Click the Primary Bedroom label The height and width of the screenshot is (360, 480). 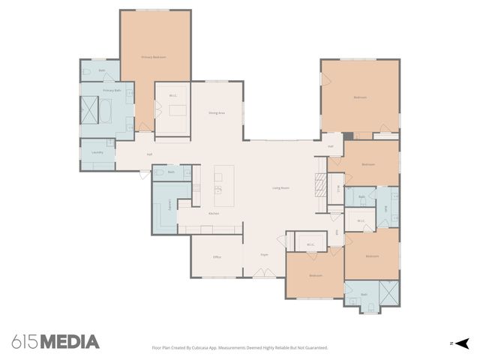154,57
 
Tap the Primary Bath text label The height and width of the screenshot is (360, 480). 112,90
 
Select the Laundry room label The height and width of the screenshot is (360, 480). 97,152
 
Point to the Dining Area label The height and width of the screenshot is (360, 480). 217,112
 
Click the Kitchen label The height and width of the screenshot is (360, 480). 214,214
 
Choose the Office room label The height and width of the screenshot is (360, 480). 217,257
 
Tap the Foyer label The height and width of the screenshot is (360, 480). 264,255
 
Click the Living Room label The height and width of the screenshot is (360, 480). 280,187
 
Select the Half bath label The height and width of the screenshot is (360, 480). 331,146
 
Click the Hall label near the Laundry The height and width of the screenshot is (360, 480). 150,154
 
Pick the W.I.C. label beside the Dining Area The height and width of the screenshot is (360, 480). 172,95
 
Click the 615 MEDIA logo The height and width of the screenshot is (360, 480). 55,342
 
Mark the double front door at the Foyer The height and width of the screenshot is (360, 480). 264,276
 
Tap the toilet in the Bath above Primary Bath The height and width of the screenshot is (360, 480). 88,72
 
